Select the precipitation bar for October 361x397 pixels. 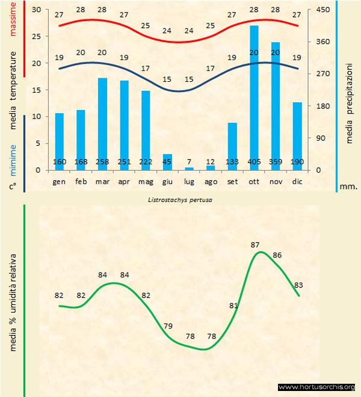pyautogui.click(x=254, y=96)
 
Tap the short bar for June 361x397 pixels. pyautogui.click(x=167, y=161)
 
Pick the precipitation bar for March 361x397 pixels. pyautogui.click(x=103, y=123)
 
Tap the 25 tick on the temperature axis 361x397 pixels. pyautogui.click(x=35, y=37)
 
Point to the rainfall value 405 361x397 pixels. pyautogui.click(x=254, y=162)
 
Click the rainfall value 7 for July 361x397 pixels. pyautogui.click(x=189, y=162)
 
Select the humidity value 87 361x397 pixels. pyautogui.click(x=255, y=245)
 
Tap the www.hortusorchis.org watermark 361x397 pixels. pyautogui.click(x=316, y=387)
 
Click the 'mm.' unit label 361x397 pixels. pyautogui.click(x=349, y=186)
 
